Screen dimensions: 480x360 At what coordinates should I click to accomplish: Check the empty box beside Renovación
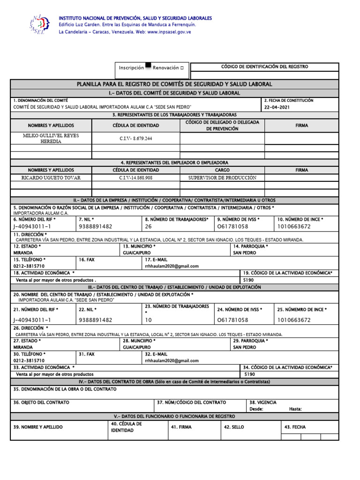[182, 68]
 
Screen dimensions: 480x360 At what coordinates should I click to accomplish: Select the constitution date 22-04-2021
[277, 107]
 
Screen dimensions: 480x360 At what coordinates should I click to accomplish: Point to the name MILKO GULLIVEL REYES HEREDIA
[51, 138]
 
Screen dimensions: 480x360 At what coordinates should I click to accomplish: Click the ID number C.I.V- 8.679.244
[136, 139]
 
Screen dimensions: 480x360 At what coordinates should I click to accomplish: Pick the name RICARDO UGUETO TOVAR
[51, 178]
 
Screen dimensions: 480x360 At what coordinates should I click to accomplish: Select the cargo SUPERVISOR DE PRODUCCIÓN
[222, 178]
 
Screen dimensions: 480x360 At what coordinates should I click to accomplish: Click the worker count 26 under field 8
[148, 226]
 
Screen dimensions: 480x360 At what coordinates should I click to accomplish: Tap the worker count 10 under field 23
[148, 320]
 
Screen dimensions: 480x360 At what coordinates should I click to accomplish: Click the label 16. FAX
[87, 259]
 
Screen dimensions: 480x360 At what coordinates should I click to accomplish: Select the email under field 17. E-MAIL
[172, 266]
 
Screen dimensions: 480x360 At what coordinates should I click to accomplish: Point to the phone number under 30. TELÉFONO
[29, 360]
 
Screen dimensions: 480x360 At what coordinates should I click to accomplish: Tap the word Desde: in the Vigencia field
[256, 409]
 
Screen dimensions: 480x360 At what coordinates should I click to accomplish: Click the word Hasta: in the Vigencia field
[295, 409]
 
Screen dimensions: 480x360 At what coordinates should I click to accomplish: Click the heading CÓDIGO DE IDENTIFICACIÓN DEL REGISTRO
[264, 67]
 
